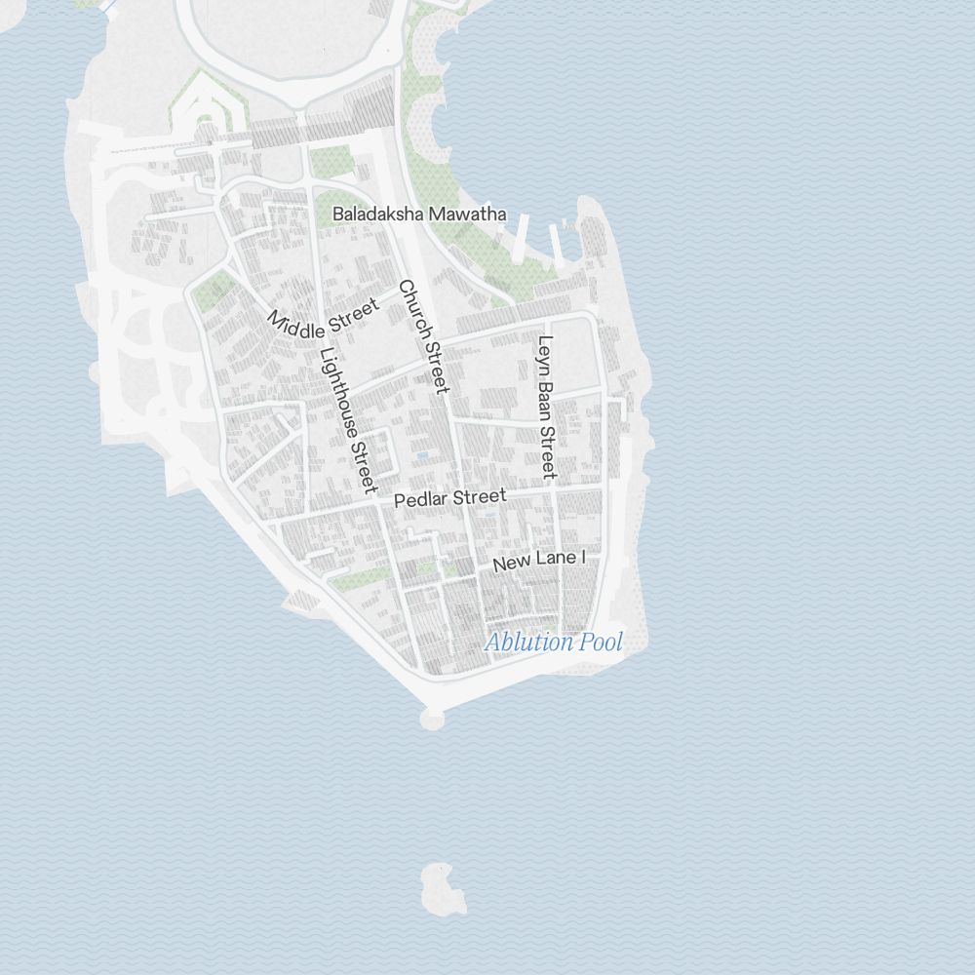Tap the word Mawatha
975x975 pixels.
pyautogui.click(x=469, y=214)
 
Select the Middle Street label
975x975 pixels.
pyautogui.click(x=324, y=316)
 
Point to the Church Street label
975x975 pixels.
pyautogui.click(x=424, y=336)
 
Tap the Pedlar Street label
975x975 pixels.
pyautogui.click(x=450, y=498)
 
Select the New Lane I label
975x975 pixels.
pyautogui.click(x=538, y=562)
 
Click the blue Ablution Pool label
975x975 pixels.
pyautogui.click(x=553, y=643)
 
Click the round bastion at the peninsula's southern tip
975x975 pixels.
pyautogui.click(x=432, y=719)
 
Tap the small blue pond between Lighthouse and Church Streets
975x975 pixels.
pyautogui.click(x=421, y=455)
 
